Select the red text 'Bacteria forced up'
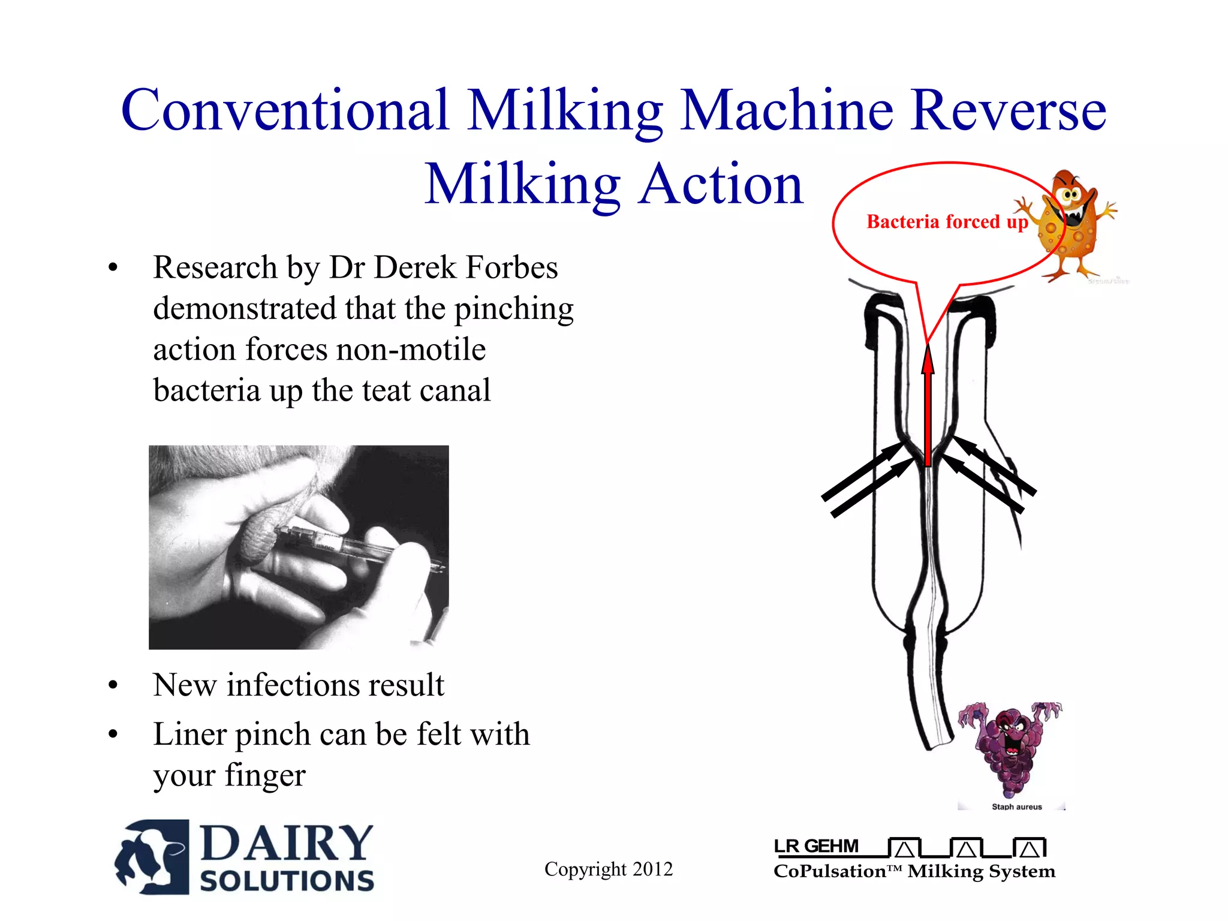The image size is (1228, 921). pos(947,222)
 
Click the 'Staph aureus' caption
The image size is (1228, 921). pos(1016,807)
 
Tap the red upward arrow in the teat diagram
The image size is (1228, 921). pos(928,408)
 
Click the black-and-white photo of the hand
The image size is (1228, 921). pos(299,547)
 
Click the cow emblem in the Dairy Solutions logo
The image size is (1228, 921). pos(151,857)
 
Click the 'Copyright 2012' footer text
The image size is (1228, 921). pos(608,869)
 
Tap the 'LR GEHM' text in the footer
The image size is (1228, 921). pos(816,847)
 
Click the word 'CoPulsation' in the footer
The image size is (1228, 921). pos(829,871)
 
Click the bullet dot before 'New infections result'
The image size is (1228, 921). pos(113,686)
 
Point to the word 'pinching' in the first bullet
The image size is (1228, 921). pos(514,309)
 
